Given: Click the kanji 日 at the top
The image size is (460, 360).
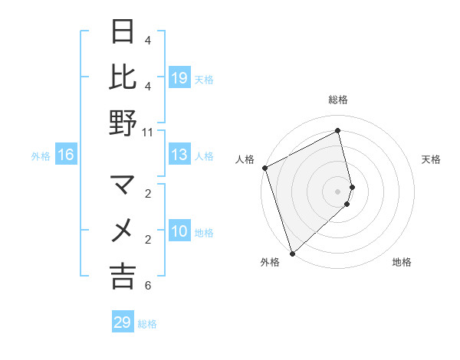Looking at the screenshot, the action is point(123,32).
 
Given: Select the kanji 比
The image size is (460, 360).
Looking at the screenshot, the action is point(123,77).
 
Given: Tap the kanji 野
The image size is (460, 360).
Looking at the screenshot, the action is point(123,123).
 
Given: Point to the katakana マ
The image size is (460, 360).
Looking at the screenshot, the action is point(123,185).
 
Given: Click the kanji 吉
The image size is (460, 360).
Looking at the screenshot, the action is point(123,276).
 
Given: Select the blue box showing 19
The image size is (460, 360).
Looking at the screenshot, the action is point(179,78).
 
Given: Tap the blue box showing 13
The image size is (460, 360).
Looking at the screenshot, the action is point(179,155).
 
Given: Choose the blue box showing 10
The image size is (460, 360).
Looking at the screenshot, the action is point(179,232).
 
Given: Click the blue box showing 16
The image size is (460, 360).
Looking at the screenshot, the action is point(66,155).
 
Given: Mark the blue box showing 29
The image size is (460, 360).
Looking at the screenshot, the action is point(123,322).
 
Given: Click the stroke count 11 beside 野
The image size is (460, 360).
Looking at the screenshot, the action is point(147,132).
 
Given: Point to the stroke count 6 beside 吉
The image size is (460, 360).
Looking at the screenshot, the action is point(147,286).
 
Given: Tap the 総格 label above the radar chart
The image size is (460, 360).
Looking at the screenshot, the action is point(338,100).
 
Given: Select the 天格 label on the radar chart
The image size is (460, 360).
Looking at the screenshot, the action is point(431,159).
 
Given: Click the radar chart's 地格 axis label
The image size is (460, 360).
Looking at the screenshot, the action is point(402,262).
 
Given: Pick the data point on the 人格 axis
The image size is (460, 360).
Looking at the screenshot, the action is point(264,168).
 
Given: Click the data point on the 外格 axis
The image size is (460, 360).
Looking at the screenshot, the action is point(292,253).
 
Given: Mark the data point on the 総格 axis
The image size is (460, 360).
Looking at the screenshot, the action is point(338,130).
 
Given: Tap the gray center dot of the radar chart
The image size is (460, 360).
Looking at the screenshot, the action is point(338,191).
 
